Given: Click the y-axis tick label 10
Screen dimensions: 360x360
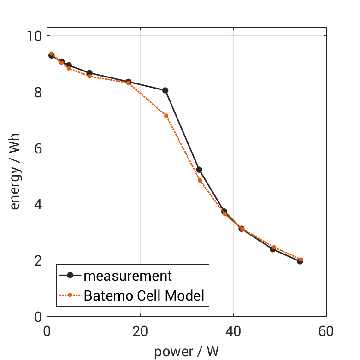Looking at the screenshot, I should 34,36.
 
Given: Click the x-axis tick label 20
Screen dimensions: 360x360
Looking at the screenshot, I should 140,331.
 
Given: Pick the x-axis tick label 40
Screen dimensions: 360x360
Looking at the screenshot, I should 233,331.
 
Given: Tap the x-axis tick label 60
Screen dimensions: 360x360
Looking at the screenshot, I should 326,331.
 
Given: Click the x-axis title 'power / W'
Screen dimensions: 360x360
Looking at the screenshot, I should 186,352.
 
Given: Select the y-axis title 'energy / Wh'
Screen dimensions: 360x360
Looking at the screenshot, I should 15,176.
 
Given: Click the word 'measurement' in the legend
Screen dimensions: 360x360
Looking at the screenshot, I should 128,276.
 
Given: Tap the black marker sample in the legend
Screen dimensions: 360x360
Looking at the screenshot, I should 70,276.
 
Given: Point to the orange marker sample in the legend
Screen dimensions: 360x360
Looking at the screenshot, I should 70,295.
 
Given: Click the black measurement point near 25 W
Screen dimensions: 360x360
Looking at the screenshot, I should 165,90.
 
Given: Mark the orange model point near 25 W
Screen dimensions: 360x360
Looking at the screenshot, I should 166,116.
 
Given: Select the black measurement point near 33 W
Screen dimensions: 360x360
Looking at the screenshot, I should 199,170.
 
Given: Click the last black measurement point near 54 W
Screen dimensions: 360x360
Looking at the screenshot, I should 300,261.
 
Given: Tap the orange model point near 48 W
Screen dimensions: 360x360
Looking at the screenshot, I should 273,248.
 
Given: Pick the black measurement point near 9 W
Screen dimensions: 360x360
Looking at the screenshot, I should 89,73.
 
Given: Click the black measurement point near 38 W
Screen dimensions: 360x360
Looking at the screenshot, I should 224,212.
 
